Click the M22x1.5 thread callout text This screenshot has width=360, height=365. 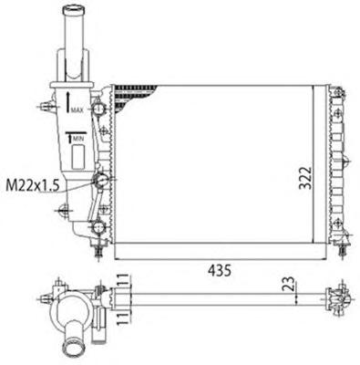pos(33,185)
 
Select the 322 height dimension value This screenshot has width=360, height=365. pos(304,178)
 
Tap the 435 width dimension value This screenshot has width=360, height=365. pos(220,270)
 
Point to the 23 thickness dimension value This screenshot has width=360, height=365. pos(290,284)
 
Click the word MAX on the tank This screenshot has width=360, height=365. pos(77,110)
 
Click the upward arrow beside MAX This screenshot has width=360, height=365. pos(68,102)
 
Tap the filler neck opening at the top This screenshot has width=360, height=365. pos(73,9)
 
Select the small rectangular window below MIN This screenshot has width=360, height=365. pos(78,156)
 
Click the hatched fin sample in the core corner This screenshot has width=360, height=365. pos(134,94)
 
